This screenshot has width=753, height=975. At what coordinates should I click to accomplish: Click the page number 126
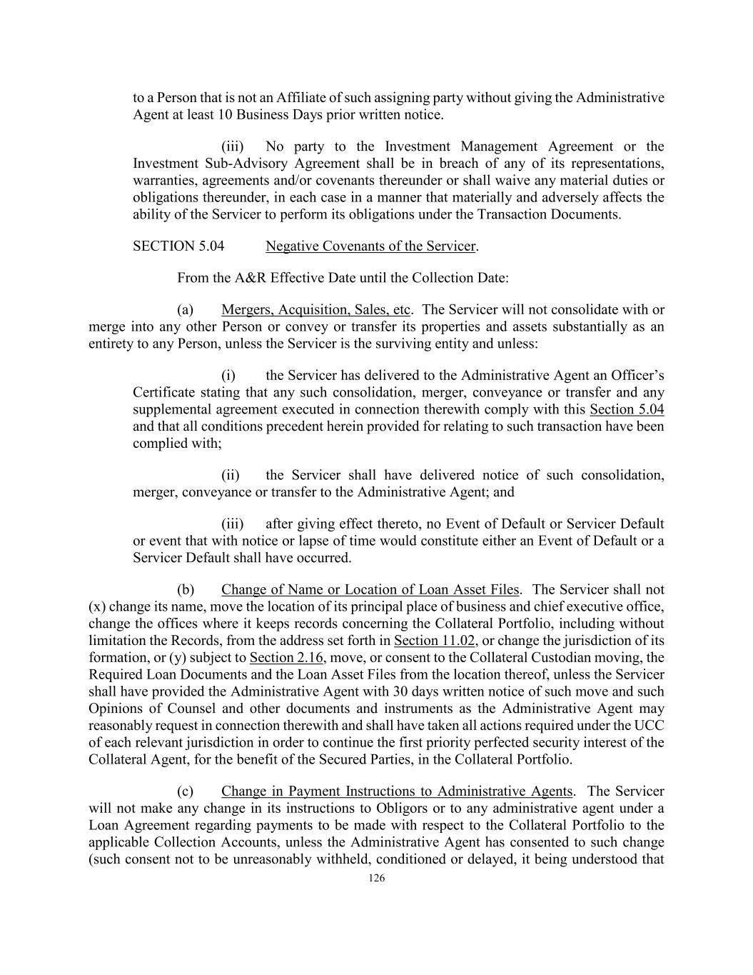tap(376, 879)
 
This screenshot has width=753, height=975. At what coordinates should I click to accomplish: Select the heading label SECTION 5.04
tap(178, 246)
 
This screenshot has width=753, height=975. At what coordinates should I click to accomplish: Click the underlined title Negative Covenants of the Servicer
tap(370, 246)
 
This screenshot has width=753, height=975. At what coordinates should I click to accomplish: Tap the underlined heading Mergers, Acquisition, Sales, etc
tap(315, 310)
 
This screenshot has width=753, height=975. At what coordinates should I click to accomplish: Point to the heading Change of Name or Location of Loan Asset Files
tap(370, 590)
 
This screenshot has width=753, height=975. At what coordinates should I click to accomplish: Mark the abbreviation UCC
tap(649, 726)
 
